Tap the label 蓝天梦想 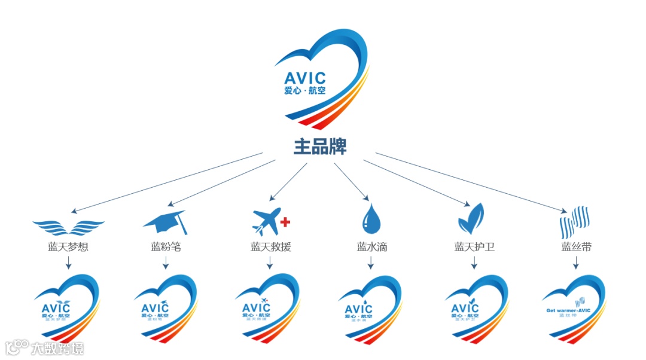pos(68,246)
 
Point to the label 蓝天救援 pos(270,246)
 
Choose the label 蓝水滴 pos(371,246)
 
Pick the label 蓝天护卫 pos(474,246)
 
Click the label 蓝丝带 pos(576,246)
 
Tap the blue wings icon pos(68,226)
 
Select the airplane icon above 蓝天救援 pos(266,221)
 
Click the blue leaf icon pos(471,219)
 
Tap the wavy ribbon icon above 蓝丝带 pos(574,222)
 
